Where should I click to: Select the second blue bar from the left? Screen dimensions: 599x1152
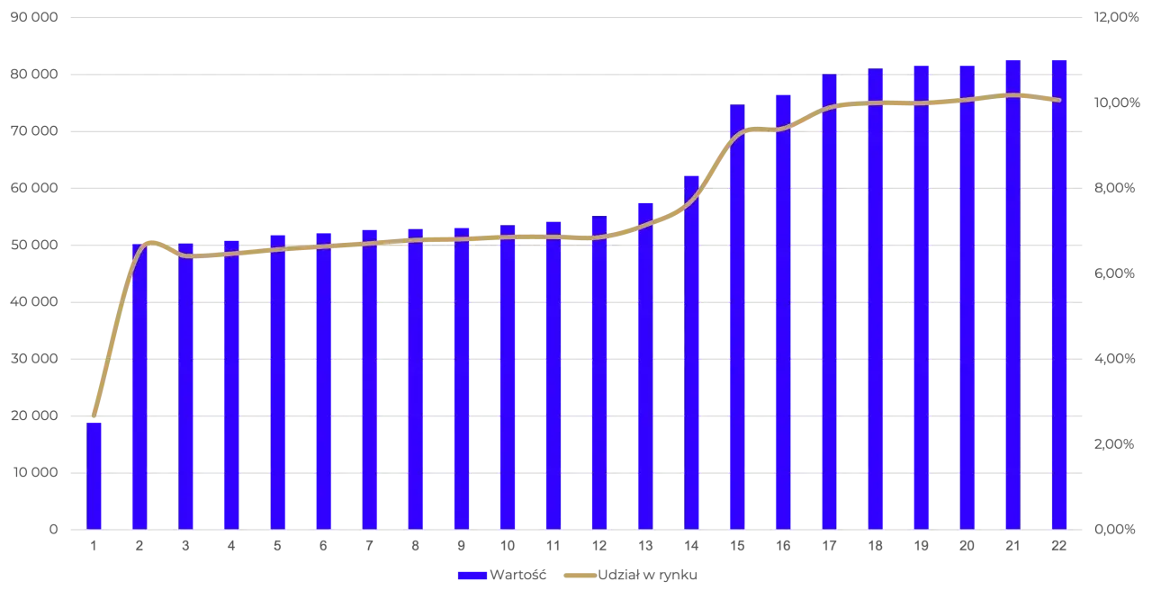[x=139, y=387]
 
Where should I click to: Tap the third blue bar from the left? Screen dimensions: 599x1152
[x=185, y=387]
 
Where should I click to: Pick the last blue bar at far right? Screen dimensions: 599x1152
[x=1059, y=297]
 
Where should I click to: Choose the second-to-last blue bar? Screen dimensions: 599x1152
[x=1012, y=297]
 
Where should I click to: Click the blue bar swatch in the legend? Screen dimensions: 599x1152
[x=472, y=576]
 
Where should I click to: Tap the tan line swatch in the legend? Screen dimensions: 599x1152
[x=579, y=576]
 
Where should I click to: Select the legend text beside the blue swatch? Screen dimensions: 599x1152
[x=517, y=576]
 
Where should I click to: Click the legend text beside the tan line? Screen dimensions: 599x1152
[x=648, y=576]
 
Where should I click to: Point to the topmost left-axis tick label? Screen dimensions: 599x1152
[x=33, y=18]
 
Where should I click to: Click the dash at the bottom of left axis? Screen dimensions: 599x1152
[x=53, y=529]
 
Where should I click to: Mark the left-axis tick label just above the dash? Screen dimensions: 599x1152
[x=33, y=470]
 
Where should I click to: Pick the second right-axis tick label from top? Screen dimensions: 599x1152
[x=1116, y=102]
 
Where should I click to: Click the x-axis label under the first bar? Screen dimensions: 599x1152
[x=94, y=546]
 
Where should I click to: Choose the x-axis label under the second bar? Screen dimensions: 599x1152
[x=137, y=546]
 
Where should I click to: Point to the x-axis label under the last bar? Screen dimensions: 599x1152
[x=1061, y=546]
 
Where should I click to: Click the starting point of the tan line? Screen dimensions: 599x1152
[x=94, y=416]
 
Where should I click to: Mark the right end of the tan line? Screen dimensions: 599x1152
[x=1059, y=100]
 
